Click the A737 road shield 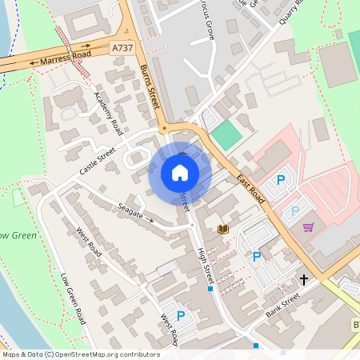pyautogui.click(x=122, y=49)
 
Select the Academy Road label pyautogui.click(x=107, y=114)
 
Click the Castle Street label pyautogui.click(x=97, y=160)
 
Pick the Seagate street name pyautogui.click(x=130, y=210)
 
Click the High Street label pyautogui.click(x=206, y=265)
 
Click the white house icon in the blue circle pyautogui.click(x=180, y=173)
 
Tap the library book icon pyautogui.click(x=223, y=230)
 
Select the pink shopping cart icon pyautogui.click(x=308, y=227)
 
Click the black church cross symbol pyautogui.click(x=303, y=280)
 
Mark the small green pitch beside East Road pyautogui.click(x=227, y=134)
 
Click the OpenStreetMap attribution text pyautogui.click(x=80, y=354)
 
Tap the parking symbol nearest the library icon pyautogui.click(x=256, y=256)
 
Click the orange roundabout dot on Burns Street pyautogui.click(x=163, y=128)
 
